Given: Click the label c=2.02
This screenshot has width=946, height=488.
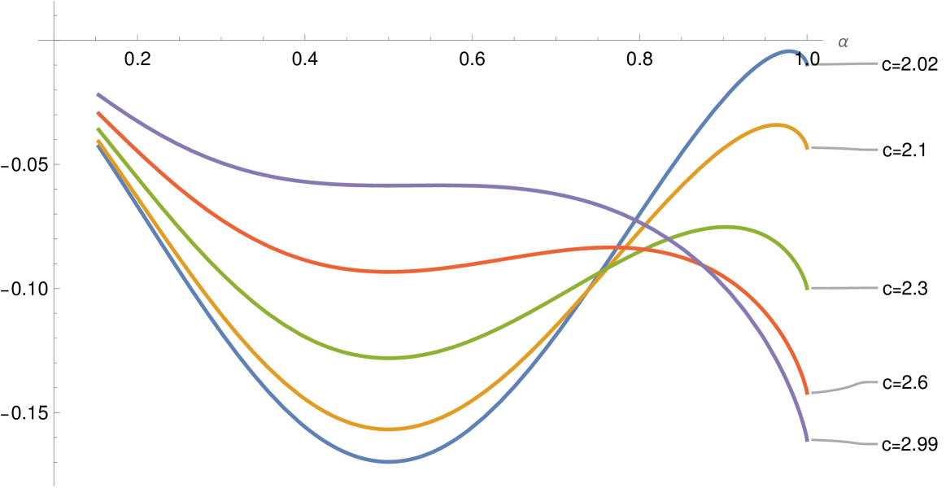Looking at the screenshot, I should click(x=909, y=64).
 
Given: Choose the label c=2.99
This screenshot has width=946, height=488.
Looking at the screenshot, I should click(x=909, y=444).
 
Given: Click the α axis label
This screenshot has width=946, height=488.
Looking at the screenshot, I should click(x=842, y=42).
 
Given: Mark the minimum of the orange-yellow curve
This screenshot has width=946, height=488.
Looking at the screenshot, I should click(x=389, y=429).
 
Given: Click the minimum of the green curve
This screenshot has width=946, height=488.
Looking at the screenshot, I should click(x=389, y=357).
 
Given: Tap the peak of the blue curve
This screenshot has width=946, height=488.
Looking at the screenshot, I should click(x=789, y=51).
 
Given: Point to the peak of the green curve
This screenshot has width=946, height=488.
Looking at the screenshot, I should click(x=726, y=227).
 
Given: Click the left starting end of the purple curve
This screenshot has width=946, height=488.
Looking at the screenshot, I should click(x=98, y=94).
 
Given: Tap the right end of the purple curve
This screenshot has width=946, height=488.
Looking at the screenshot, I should click(x=806, y=440).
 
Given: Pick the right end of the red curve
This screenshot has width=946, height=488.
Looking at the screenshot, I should click(x=806, y=393).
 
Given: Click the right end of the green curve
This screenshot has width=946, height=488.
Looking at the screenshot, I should click(x=806, y=289).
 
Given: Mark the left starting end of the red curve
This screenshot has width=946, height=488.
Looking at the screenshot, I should click(x=98, y=113).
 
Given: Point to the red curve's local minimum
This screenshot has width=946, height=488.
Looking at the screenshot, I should click(x=390, y=271).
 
